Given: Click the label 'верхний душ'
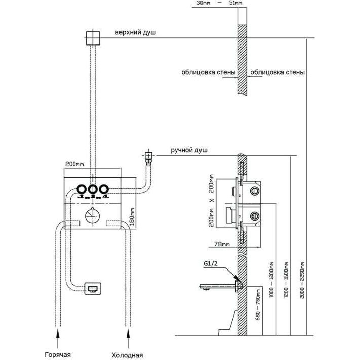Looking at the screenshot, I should pos(136,33).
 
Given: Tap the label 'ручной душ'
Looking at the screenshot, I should pos(189,151).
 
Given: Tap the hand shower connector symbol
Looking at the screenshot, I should pos(149,157).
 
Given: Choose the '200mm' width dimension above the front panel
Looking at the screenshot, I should pos(74,164).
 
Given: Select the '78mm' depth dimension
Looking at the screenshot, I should pos(222,245).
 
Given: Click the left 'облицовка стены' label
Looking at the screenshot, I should pos(209,73).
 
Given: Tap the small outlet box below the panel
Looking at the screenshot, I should pos(93,288).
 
